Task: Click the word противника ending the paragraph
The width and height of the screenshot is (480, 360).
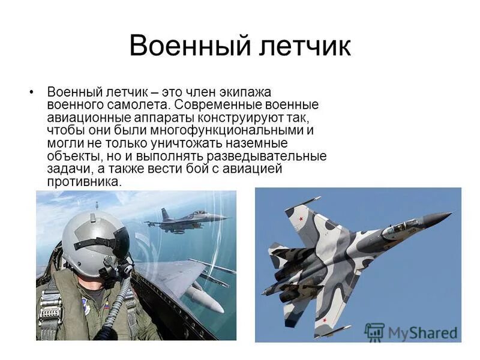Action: tap(83, 181)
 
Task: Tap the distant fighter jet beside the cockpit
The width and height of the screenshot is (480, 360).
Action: tap(183, 218)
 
